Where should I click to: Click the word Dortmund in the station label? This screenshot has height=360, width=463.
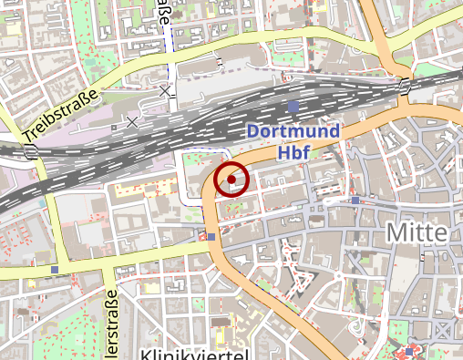(293, 132)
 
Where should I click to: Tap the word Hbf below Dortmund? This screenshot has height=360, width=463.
(294, 152)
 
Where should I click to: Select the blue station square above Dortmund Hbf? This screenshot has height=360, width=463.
(293, 107)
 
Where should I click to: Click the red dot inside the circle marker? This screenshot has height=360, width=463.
(231, 180)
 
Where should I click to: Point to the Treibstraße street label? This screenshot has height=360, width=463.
(60, 116)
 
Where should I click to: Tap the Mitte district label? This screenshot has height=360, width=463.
(417, 232)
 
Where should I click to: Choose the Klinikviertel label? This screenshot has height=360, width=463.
(194, 353)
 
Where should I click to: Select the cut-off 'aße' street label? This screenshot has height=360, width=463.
(165, 13)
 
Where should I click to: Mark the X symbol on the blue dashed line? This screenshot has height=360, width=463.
(165, 91)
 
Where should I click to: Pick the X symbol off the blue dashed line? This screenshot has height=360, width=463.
(132, 121)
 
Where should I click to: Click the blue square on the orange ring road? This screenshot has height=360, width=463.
(211, 237)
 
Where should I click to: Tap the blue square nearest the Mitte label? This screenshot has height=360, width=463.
(355, 200)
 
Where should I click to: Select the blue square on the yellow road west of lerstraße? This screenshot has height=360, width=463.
(55, 270)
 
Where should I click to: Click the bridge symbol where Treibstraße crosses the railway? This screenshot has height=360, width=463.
(31, 151)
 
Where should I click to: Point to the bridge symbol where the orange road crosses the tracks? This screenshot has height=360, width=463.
(403, 87)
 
